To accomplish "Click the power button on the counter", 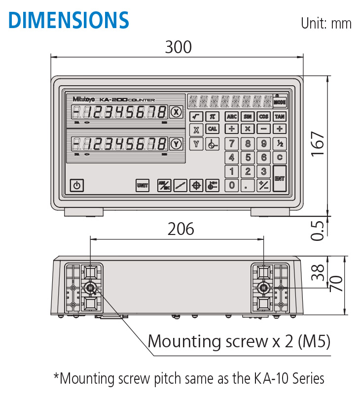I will [x=76, y=185].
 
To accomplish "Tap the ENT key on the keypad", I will [x=280, y=178].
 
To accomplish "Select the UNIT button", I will [x=143, y=185].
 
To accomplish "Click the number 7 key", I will [x=231, y=144].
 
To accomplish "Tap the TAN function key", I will [x=280, y=117].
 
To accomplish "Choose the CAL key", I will [x=213, y=129].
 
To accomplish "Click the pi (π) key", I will [x=213, y=117].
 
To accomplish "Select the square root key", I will [x=196, y=117].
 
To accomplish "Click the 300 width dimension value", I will [x=178, y=47].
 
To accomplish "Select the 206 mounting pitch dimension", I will [x=181, y=229].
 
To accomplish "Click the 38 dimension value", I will [x=320, y=271].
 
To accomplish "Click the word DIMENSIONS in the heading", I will [x=69, y=20].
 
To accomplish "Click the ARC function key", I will [x=231, y=117].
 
